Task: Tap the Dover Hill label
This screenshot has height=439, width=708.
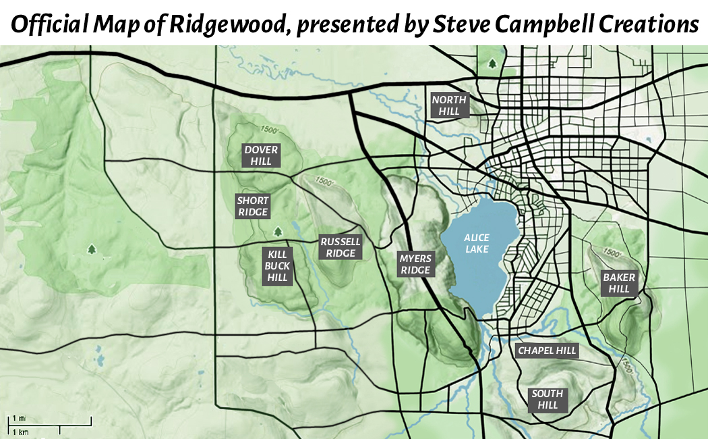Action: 261,155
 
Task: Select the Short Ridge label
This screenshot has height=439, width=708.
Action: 253,207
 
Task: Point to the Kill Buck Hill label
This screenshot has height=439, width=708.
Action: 278,265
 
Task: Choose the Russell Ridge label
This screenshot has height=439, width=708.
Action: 341,247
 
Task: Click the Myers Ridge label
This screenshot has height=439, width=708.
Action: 415,264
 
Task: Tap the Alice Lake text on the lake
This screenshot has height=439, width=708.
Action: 477,243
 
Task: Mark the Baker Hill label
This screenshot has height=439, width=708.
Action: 619,283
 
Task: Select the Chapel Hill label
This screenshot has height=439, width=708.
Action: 547,351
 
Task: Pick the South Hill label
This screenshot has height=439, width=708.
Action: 548,399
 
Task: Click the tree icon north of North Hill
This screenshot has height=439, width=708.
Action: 492,63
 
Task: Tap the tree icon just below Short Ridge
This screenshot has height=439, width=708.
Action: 276,232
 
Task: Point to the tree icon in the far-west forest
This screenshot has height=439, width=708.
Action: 92,249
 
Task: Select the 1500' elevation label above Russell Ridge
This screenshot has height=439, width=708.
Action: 324,182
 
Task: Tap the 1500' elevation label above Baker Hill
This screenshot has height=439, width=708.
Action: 612,253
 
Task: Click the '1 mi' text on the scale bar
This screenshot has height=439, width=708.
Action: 18,418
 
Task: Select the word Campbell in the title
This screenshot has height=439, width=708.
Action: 539,24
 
